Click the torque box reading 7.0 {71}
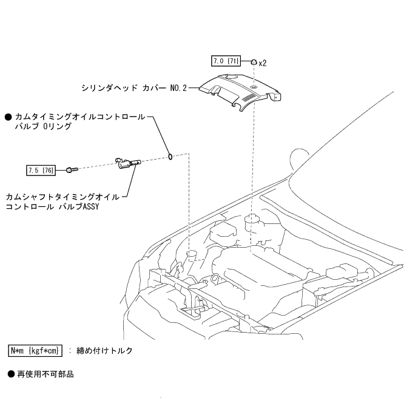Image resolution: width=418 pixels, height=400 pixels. click(x=224, y=61)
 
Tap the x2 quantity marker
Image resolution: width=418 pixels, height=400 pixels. click(x=263, y=63)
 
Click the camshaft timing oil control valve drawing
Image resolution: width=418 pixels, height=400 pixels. click(x=128, y=163)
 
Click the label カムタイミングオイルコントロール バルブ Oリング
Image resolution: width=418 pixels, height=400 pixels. click(x=79, y=122)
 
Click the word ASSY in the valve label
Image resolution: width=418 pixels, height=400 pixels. click(x=92, y=206)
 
